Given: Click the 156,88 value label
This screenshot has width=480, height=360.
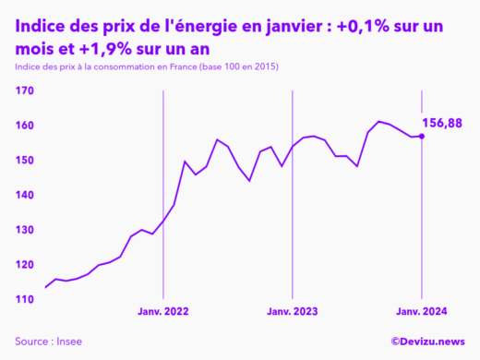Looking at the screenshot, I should point(442,123).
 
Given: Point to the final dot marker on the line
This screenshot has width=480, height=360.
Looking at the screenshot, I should point(422,137).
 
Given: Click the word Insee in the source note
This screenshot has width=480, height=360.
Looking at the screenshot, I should point(68,342).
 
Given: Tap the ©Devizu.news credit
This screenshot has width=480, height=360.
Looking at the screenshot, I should point(427,342).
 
